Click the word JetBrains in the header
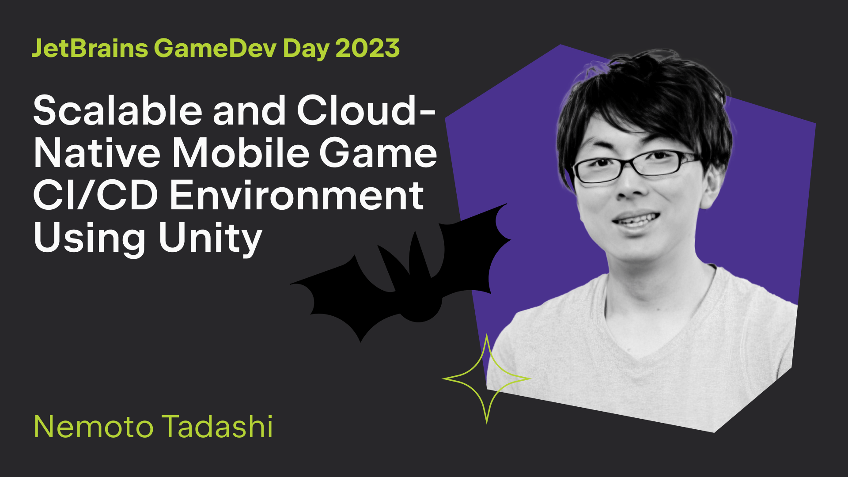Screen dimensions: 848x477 click(90, 48)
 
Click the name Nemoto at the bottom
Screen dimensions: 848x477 click(94, 427)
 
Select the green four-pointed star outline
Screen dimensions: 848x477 click(487, 349)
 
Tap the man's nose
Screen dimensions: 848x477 click(632, 185)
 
